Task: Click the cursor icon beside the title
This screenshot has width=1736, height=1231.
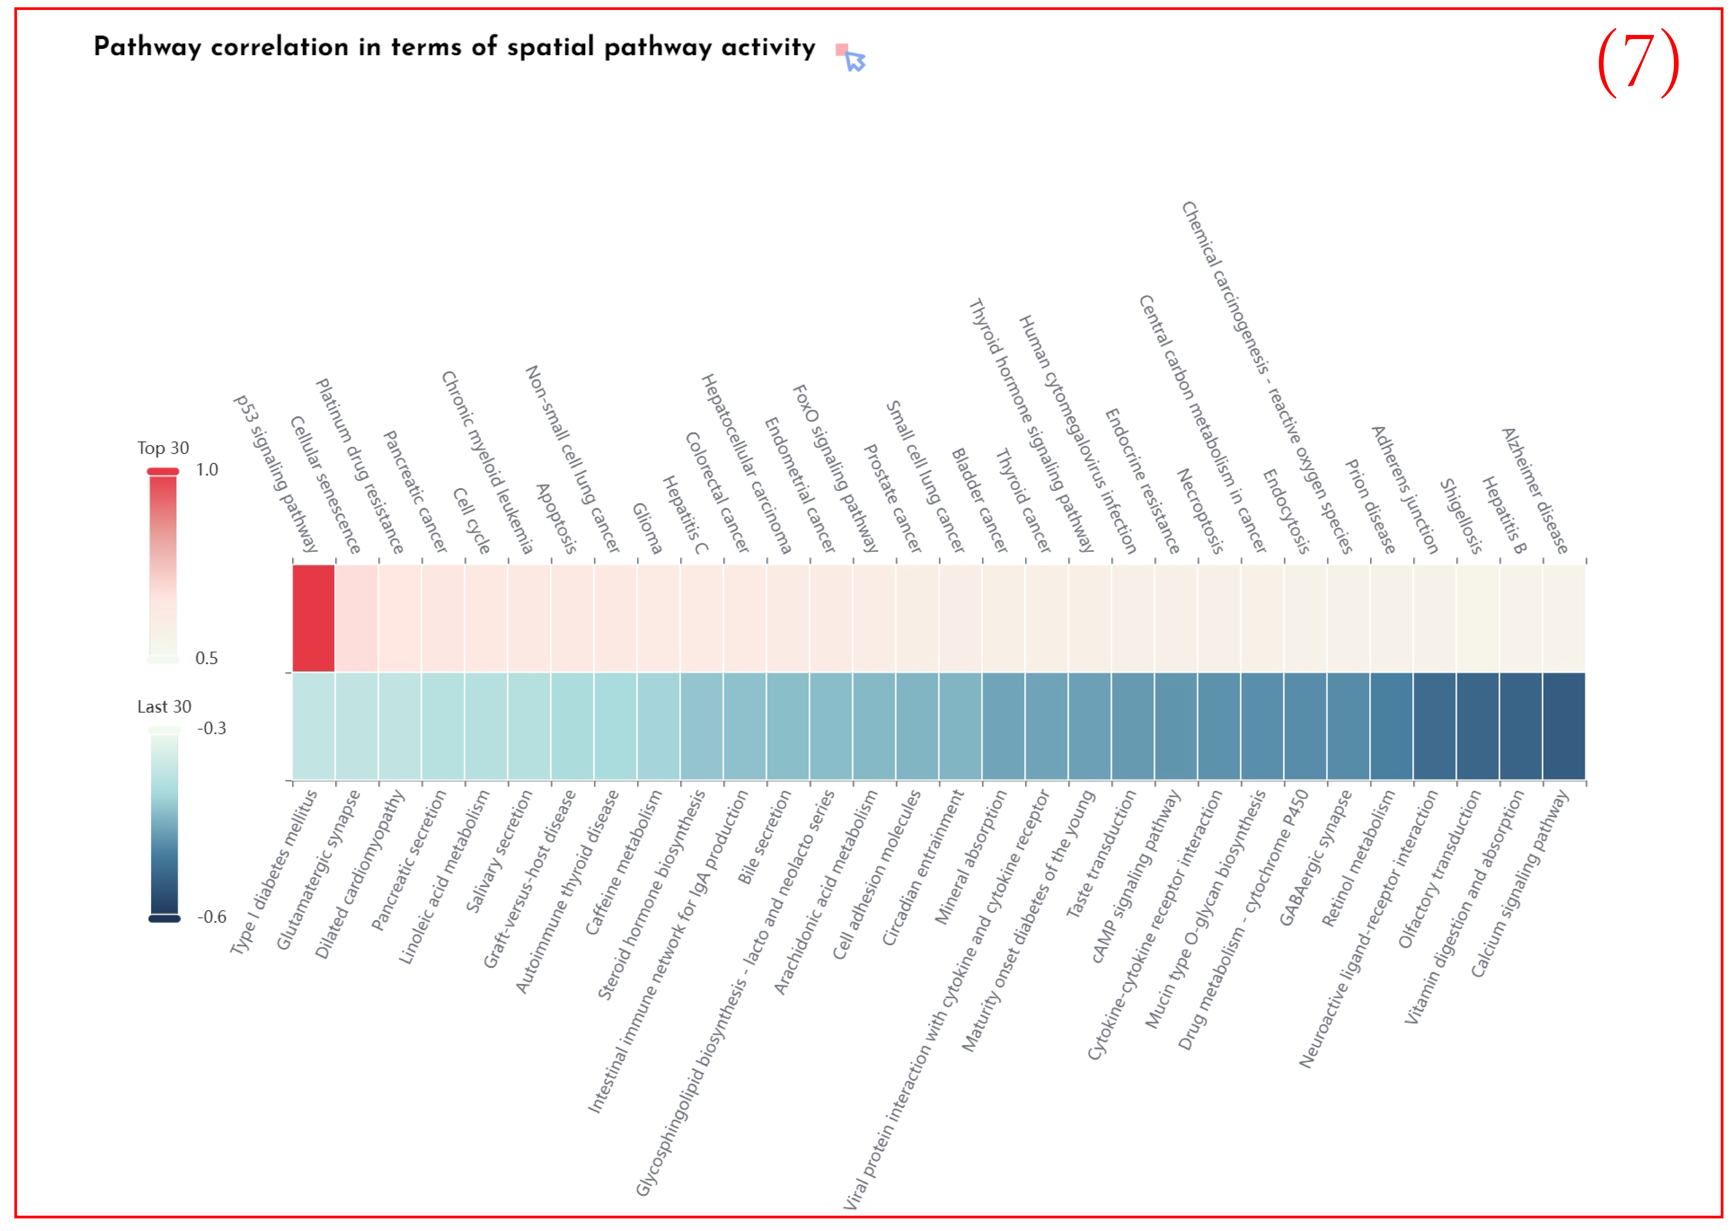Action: click(854, 59)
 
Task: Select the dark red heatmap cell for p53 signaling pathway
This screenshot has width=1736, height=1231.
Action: click(313, 618)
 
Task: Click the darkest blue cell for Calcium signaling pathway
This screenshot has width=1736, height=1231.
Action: click(1563, 725)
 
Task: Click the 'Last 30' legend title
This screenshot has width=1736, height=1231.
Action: click(164, 706)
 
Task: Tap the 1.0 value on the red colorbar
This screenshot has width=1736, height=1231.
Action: click(206, 470)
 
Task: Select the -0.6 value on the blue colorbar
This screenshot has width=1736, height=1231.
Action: click(212, 917)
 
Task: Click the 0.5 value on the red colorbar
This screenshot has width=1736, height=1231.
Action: click(206, 658)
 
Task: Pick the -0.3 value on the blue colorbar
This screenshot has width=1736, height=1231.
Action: click(212, 728)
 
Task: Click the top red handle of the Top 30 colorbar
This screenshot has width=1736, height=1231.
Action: click(163, 471)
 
